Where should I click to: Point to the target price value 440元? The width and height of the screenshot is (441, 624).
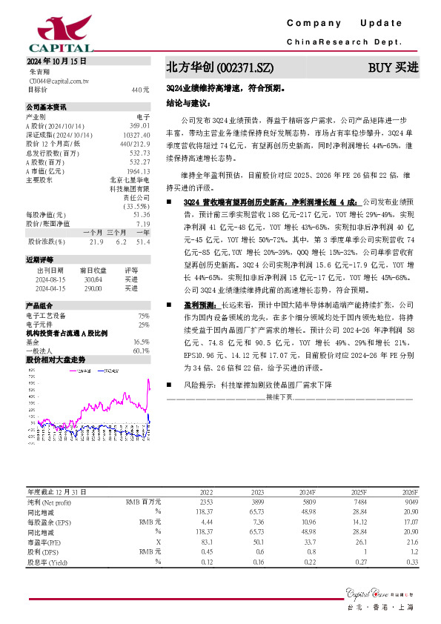pos(141,90)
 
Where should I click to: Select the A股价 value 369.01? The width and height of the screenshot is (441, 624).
pos(140,126)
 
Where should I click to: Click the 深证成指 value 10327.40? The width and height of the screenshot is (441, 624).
pos(138,135)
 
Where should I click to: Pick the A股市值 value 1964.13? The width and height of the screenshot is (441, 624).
pos(139,170)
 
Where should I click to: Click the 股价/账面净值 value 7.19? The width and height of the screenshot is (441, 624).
pos(143,223)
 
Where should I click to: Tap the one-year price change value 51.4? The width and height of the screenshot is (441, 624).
pos(143,242)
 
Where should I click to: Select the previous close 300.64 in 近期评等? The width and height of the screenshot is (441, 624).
pos(93,279)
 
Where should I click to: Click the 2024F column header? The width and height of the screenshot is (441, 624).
pos(307,492)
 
